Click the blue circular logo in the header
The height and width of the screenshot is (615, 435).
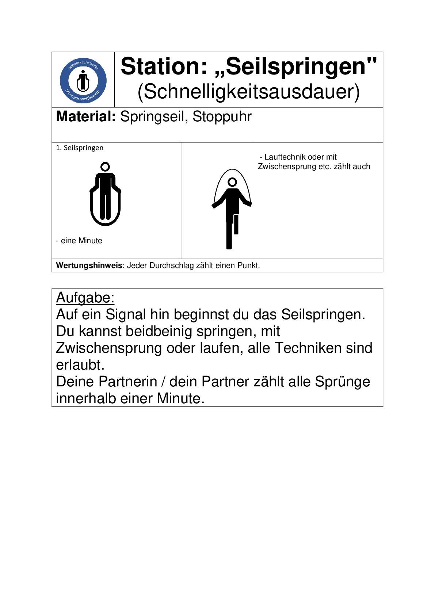[83, 80]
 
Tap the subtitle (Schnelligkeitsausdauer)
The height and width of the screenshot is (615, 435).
[248, 92]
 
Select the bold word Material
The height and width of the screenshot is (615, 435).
[86, 117]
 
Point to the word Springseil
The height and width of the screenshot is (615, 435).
[154, 117]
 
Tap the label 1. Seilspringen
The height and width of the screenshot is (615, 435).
[80, 148]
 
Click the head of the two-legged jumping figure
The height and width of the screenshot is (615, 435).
[105, 167]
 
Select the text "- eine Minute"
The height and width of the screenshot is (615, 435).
[79, 241]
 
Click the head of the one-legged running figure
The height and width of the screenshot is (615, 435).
[232, 182]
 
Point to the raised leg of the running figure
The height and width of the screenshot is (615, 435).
[236, 224]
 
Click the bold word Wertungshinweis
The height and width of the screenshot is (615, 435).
[89, 266]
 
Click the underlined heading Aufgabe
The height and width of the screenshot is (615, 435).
[85, 298]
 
